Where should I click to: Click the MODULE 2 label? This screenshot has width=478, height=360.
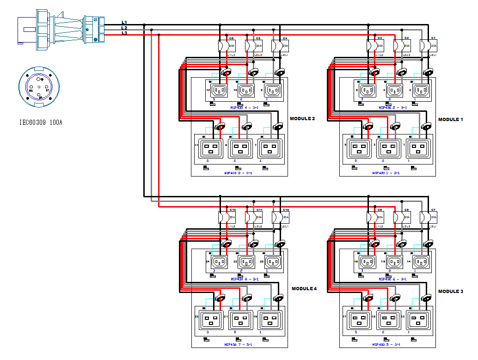pyautogui.click(x=302, y=119)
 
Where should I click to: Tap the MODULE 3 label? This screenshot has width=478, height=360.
pyautogui.click(x=451, y=291)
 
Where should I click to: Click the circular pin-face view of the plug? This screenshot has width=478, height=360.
pyautogui.click(x=39, y=86)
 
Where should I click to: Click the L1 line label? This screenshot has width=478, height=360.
pyautogui.click(x=124, y=22)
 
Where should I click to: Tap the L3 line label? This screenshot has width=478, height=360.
pyautogui.click(x=124, y=33)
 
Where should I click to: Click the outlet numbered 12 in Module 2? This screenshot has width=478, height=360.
pyautogui.click(x=220, y=90)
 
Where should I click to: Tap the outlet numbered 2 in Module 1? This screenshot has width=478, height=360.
pyautogui.click(x=421, y=90)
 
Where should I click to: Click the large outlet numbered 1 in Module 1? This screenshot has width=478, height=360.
pyautogui.click(x=419, y=148)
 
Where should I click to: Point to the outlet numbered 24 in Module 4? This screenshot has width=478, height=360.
pyautogui.click(x=220, y=262)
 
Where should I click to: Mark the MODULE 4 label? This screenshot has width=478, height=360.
pyautogui.click(x=304, y=288)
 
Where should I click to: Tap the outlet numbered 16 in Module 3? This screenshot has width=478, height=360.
pyautogui.click(x=394, y=262)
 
